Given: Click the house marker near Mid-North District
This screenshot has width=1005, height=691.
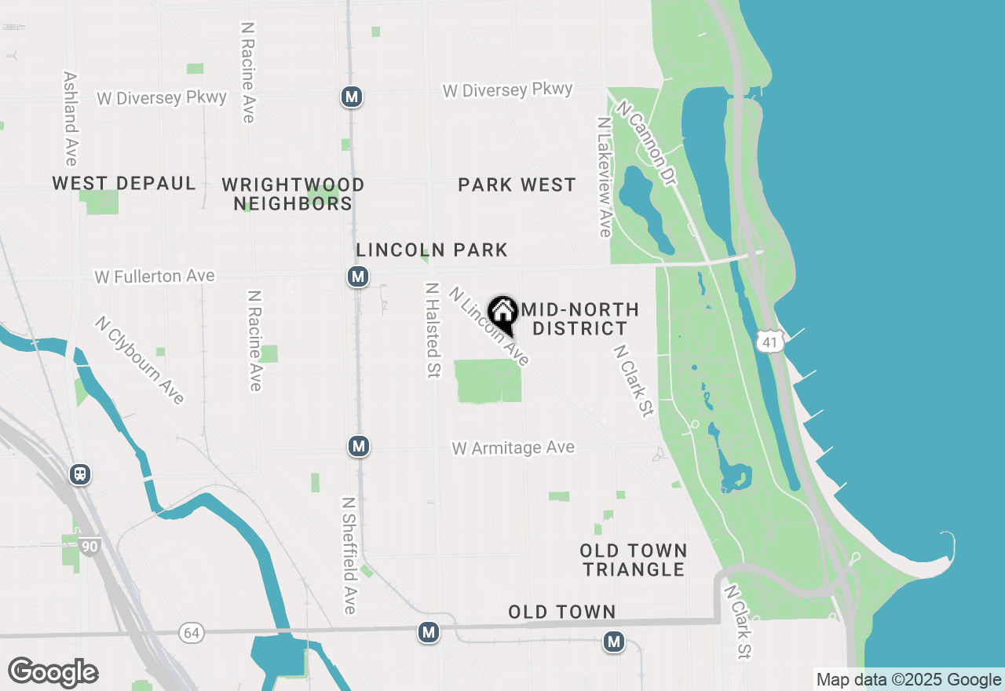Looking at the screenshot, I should click(502, 313).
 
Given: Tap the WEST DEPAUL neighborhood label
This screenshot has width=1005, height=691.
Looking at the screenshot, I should click(124, 184).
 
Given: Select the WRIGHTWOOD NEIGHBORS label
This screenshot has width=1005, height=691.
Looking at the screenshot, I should click(293, 194).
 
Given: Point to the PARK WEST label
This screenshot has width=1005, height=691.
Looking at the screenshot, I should click(517, 185).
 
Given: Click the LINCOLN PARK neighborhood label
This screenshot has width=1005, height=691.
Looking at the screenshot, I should click(432, 250).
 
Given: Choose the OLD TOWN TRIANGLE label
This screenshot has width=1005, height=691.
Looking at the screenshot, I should click(634, 560).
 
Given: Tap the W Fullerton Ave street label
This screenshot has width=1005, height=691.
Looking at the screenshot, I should click(155, 276).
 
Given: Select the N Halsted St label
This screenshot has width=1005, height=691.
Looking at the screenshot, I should click(431, 330).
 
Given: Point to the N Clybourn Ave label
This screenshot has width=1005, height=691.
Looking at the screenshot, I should click(140, 360).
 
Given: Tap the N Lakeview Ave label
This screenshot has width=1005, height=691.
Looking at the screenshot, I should click(604, 177).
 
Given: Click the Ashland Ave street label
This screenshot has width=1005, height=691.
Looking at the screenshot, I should click(70, 119).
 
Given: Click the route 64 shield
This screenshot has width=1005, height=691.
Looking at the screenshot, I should click(191, 632).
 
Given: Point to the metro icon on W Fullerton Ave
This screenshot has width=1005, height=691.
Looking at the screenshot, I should click(358, 276).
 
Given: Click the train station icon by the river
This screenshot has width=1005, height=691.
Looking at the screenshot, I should click(79, 474).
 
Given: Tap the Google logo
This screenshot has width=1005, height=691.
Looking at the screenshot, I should click(53, 673).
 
